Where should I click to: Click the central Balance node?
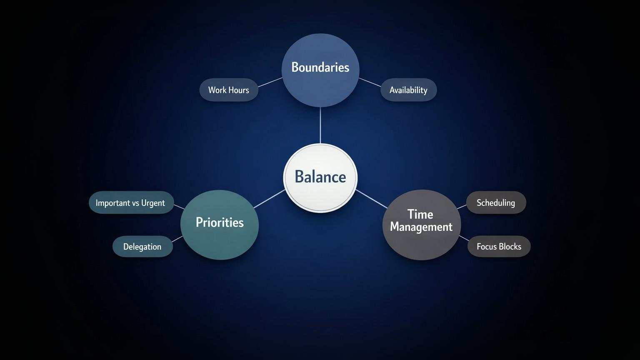[x=320, y=177]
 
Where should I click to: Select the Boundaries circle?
[x=320, y=70]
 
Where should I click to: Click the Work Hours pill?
[x=229, y=90]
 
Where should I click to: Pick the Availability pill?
[x=408, y=90]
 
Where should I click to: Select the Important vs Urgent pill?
[x=131, y=203]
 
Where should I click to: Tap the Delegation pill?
[x=142, y=247]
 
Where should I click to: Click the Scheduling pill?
[x=496, y=203]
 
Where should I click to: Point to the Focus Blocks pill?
[x=499, y=247]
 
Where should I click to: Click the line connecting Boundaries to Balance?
[x=320, y=125]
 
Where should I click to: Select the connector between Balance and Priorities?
[x=269, y=199]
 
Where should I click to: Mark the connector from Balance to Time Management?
[x=371, y=199]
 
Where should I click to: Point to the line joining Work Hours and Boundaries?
[x=270, y=82]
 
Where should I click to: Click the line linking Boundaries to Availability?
[x=370, y=82]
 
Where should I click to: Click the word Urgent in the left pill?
[x=153, y=203]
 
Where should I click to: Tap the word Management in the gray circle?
[x=421, y=227]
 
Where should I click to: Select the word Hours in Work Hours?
[x=238, y=90]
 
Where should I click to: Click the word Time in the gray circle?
[x=420, y=214]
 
